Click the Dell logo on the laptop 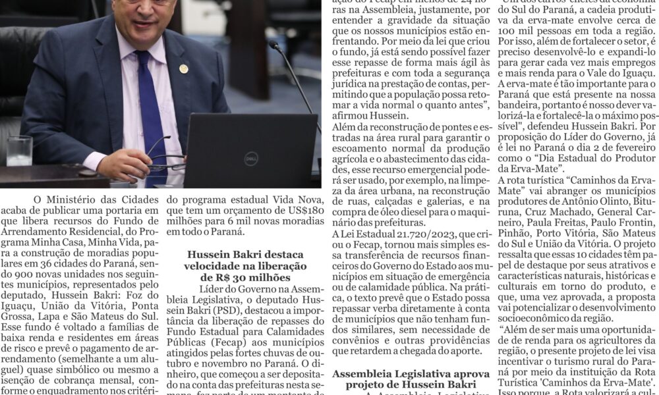pyautogui.click(x=250, y=158)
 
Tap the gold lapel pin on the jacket pyautogui.click(x=183, y=68)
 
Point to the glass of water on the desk pyautogui.click(x=19, y=151)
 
